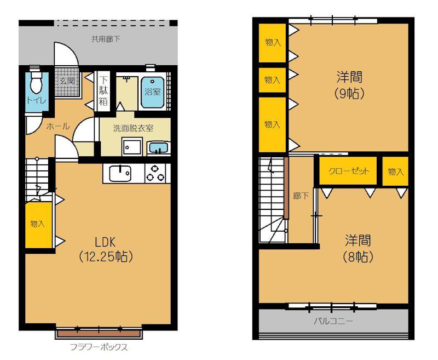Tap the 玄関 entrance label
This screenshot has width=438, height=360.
point(67,81)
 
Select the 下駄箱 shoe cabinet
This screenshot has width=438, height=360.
point(103,92)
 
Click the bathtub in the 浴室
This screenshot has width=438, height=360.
point(153,93)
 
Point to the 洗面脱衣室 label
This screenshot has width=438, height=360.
point(133,128)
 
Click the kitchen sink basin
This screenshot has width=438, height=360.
point(120,174)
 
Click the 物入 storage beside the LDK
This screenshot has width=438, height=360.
point(38,225)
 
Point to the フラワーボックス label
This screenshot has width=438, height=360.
point(99,347)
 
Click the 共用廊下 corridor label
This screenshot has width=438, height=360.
point(106,39)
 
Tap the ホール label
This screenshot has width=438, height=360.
point(58,127)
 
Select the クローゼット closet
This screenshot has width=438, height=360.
point(348,171)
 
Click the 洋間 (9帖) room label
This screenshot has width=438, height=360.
point(349,85)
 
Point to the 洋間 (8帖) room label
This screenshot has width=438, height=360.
point(358,248)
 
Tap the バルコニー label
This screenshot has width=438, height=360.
point(333,321)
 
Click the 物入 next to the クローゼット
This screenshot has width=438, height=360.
point(395,171)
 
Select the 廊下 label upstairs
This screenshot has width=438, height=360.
point(301,196)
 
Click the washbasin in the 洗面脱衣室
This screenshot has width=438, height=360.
point(158,147)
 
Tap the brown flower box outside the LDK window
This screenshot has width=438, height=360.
point(99,334)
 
